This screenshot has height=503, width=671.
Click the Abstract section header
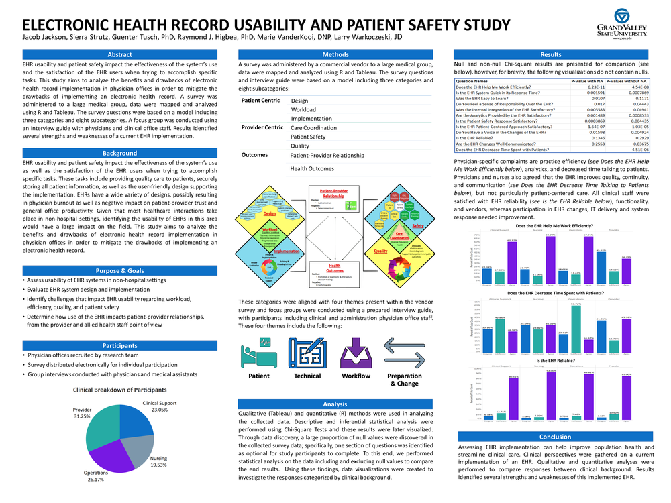(119, 54)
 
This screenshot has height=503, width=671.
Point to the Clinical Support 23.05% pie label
(159, 406)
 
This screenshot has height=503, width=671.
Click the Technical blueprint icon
(307, 351)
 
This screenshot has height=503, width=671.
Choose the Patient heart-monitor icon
(259, 351)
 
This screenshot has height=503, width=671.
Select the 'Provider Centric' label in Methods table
(262, 127)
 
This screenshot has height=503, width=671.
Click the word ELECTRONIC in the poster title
(70, 25)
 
